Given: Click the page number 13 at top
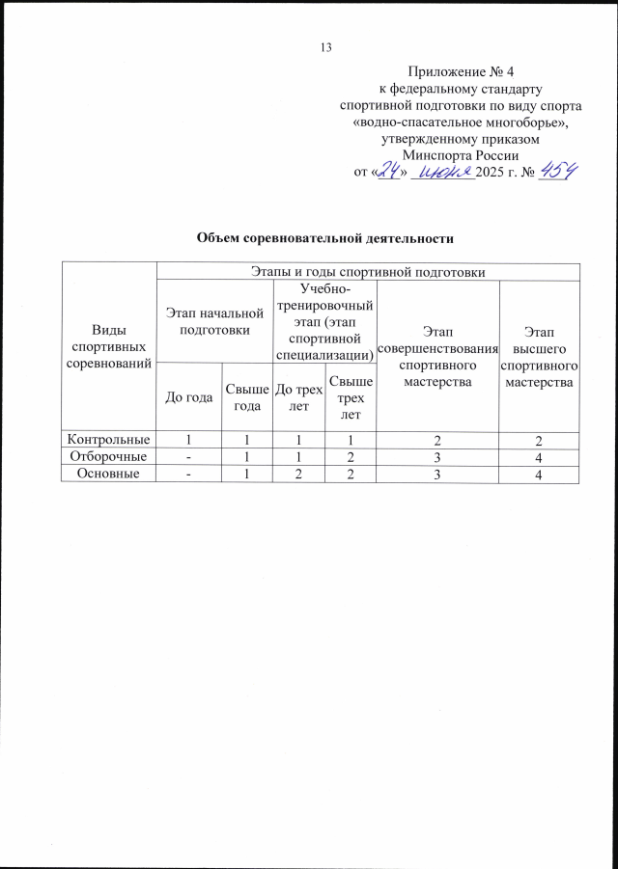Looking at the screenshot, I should tap(325, 48).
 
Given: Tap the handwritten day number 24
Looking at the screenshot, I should tap(390, 172).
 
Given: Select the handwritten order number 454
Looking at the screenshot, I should tap(557, 171).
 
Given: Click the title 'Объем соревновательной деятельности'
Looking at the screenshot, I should tap(324, 237).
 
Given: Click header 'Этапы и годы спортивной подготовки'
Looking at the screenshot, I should tap(367, 271).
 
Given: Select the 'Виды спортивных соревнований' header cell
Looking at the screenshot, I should tap(108, 348).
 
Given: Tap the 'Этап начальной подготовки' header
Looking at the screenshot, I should tap(214, 320).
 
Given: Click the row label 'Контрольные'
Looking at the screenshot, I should tap(108, 440).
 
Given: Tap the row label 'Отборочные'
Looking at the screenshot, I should tap(108, 456).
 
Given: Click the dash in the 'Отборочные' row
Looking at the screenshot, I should tap(189, 456).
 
